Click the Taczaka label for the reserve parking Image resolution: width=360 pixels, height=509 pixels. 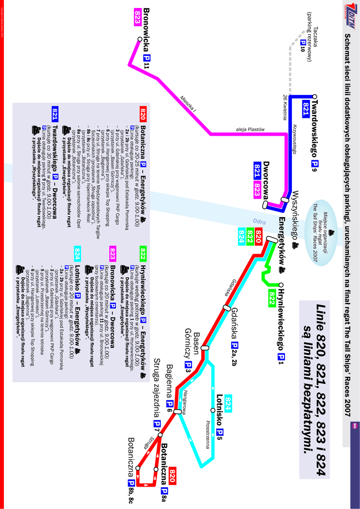click(316, 36)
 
